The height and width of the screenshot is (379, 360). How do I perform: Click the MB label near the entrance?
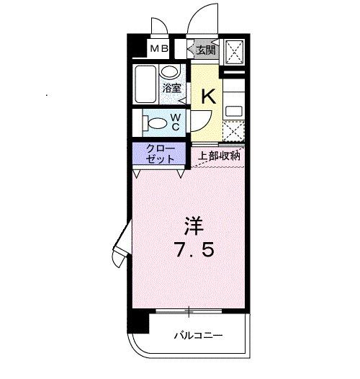point(158,49)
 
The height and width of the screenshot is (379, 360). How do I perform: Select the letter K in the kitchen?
point(208,97)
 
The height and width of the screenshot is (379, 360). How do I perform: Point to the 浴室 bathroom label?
point(171,88)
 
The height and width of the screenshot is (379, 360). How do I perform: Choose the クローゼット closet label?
point(159,153)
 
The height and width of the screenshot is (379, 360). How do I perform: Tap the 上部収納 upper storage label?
point(219,154)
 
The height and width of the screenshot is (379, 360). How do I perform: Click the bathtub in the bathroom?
point(145,85)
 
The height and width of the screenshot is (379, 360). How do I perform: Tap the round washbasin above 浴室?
point(170,71)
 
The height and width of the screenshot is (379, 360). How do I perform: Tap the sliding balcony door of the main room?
point(189,311)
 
